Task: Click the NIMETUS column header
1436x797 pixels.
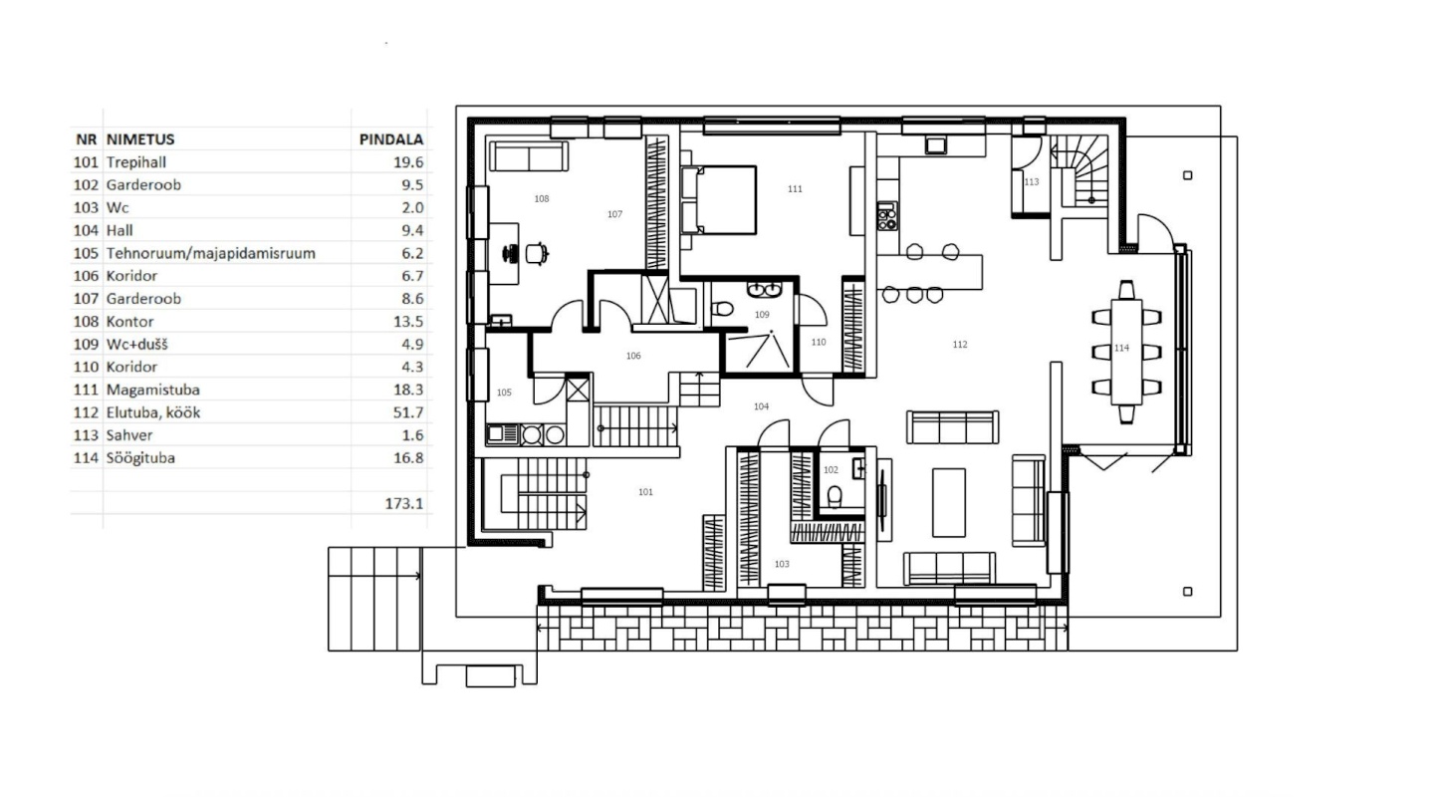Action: click(x=140, y=139)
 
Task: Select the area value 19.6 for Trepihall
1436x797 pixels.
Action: click(x=408, y=162)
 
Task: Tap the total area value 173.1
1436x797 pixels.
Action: click(x=404, y=504)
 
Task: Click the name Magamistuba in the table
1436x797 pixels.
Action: click(x=152, y=390)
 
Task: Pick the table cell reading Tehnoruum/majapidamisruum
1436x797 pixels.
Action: click(x=211, y=253)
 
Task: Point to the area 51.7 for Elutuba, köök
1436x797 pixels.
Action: click(x=408, y=412)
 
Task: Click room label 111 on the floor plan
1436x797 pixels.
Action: click(x=795, y=188)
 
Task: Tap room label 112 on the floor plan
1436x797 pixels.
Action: click(x=960, y=345)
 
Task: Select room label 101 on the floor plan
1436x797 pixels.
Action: click(x=645, y=492)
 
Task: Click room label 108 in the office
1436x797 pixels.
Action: click(x=542, y=199)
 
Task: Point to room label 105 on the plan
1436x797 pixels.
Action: click(x=504, y=393)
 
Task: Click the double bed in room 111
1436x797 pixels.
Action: click(x=719, y=200)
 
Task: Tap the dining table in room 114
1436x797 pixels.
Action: click(x=1126, y=352)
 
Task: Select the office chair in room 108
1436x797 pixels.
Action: click(x=537, y=254)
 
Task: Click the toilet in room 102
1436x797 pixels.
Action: click(x=835, y=496)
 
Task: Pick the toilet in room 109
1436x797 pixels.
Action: click(x=723, y=309)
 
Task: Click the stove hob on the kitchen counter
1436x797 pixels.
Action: click(x=887, y=216)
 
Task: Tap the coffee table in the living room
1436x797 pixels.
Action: click(x=949, y=502)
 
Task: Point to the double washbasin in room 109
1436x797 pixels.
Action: click(x=764, y=290)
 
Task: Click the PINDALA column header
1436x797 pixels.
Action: click(x=391, y=139)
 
